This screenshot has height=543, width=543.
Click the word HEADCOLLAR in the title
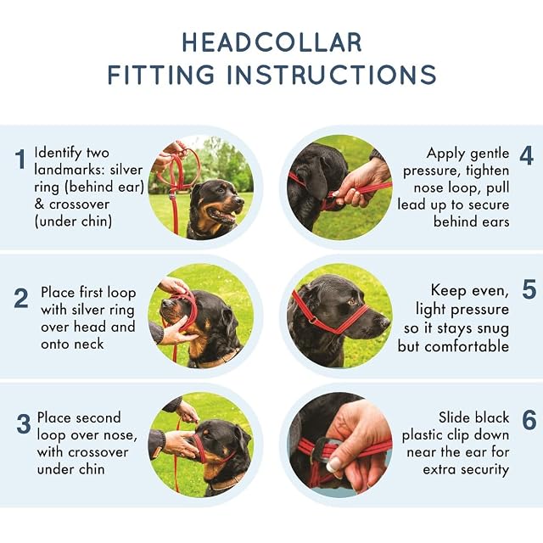(x=271, y=42)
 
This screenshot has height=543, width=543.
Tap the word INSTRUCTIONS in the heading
(x=332, y=74)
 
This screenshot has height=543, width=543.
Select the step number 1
(x=20, y=160)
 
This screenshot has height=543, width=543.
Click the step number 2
(x=20, y=299)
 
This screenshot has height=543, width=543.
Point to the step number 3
(x=24, y=424)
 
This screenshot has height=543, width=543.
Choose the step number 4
(x=526, y=155)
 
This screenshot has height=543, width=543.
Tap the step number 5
(x=529, y=289)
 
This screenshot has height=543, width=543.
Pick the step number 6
(x=529, y=420)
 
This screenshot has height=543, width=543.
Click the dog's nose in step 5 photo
(x=383, y=322)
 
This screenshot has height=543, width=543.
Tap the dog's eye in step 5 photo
(x=353, y=302)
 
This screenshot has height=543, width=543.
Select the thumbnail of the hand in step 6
(x=333, y=464)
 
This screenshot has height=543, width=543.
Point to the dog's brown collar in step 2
(x=215, y=360)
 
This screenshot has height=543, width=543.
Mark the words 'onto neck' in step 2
(x=72, y=344)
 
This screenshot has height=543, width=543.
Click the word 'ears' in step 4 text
(x=495, y=222)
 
